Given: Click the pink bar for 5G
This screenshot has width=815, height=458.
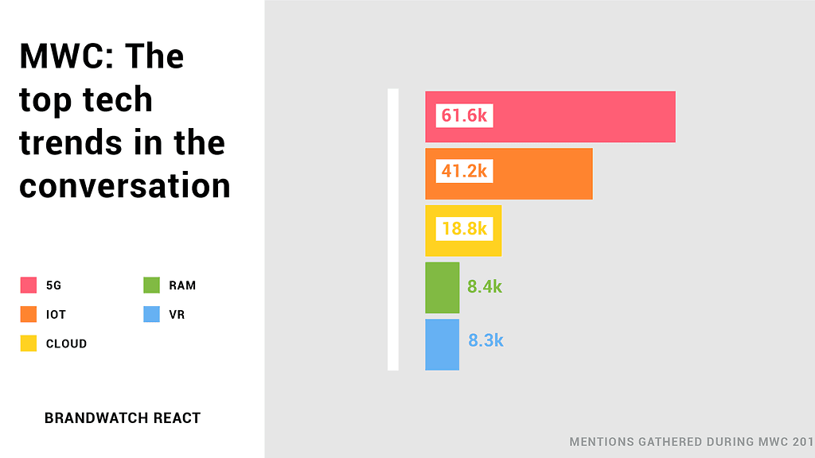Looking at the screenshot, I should point(581,117).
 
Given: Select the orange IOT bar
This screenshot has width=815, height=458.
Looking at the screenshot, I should point(541,173).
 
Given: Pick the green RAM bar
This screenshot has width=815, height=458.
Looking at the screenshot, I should point(443,287).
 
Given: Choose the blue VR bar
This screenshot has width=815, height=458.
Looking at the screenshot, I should point(443,344).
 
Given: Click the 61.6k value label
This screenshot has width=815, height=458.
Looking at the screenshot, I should point(464,116).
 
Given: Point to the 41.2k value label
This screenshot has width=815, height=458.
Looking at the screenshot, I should point(464,172).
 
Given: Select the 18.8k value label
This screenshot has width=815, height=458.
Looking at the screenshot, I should point(464,229).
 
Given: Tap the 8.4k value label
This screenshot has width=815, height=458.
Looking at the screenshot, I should point(485,287).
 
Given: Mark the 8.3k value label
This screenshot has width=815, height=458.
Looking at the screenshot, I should point(485,341).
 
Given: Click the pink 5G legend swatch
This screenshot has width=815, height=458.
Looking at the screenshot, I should point(29,285).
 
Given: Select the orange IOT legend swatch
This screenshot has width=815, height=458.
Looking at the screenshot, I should point(29,314).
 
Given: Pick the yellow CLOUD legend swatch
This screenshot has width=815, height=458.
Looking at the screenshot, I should point(29,343).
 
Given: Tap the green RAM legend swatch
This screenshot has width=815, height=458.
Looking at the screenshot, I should point(152,285).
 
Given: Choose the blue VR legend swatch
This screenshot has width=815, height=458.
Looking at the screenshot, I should point(152,314).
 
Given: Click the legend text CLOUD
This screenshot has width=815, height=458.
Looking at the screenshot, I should point(66,343).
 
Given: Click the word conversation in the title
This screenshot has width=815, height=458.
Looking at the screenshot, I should point(125,186).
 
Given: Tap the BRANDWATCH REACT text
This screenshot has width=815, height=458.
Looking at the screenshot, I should point(123,417).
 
